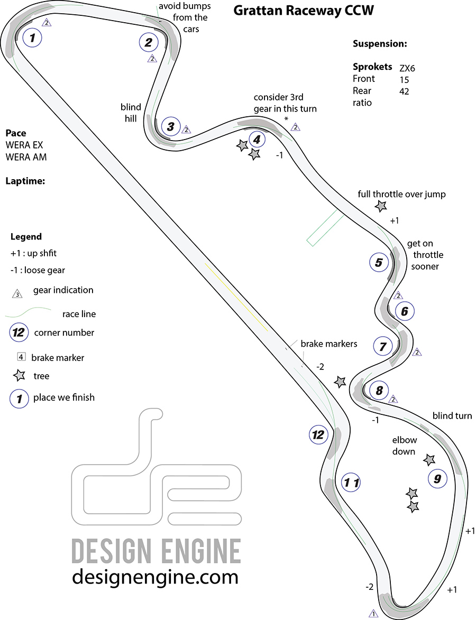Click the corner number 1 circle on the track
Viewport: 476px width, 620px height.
coord(32,38)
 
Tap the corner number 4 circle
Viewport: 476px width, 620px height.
coord(257,140)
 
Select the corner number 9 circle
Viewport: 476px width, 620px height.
coord(437,479)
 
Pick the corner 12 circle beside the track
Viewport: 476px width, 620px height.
coord(318,435)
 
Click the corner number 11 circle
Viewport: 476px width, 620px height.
coord(352,482)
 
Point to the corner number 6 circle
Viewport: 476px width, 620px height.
coord(405,311)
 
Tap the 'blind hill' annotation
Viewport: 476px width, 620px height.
coord(131,112)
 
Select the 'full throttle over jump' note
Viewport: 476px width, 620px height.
coord(401,194)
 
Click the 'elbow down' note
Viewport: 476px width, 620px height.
coord(405,446)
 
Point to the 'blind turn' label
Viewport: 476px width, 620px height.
coord(452,415)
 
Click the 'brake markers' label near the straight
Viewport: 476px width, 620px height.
coord(329,344)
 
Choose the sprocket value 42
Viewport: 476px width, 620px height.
coord(405,91)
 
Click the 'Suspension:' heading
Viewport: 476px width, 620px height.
coord(380,44)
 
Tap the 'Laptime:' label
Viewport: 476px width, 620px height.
coord(25,181)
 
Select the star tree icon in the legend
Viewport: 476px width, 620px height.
coord(20,376)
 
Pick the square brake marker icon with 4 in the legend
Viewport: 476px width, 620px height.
coord(21,357)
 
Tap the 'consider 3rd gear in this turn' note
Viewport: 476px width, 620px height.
coord(285,103)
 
